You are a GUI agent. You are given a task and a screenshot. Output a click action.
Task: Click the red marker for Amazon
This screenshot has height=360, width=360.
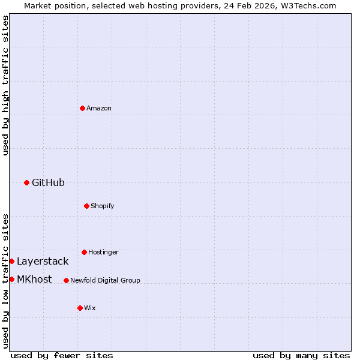point(82,108)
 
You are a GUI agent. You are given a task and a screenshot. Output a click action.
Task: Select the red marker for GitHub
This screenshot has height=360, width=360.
point(26,182)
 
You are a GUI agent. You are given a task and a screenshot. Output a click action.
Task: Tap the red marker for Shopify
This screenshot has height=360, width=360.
point(86,206)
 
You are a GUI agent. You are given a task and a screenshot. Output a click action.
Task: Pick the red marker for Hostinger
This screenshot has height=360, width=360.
point(84,252)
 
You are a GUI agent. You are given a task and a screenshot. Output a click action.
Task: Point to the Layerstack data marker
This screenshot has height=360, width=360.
point(11,261)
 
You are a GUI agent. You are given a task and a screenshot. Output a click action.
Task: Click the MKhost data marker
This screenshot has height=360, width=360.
point(11,279)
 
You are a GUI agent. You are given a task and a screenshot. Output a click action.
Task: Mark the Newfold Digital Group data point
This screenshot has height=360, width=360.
point(66,280)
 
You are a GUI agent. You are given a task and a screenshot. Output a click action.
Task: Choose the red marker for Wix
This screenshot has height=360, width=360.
point(80,308)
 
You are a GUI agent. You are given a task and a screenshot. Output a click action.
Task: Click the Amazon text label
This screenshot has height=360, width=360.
point(99,108)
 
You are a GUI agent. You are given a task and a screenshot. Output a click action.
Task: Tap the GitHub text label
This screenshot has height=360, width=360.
point(48,182)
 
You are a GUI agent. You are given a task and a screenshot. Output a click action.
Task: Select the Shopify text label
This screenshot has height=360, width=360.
point(103,206)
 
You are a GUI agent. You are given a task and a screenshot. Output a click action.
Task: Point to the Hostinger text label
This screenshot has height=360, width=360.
point(103,252)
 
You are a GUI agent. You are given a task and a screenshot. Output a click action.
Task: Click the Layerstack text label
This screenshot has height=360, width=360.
point(43,261)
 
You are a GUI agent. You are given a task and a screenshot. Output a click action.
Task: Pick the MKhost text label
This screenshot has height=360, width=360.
point(34,279)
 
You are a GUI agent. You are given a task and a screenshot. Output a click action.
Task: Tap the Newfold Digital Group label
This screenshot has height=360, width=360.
point(105,280)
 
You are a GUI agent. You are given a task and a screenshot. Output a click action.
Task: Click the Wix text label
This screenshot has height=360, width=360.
point(90,308)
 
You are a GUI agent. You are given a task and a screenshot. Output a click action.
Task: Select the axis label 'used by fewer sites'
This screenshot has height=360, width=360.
point(62,355)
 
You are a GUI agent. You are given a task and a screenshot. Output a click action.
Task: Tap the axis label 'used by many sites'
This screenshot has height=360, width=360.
point(301,355)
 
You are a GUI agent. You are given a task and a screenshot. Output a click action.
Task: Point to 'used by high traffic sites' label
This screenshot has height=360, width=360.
point(5,85)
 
